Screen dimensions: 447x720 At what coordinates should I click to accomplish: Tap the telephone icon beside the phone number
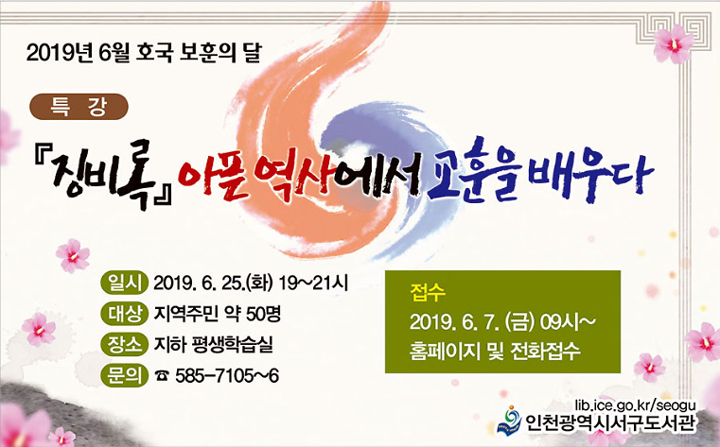pyautogui.click(x=161, y=376)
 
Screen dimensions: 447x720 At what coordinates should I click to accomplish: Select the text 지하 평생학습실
pyautogui.click(x=214, y=344)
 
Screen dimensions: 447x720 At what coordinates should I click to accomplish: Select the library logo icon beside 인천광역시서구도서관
pyautogui.click(x=511, y=418)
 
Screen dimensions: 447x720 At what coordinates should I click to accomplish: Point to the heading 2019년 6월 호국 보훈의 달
pyautogui.click(x=157, y=52)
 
